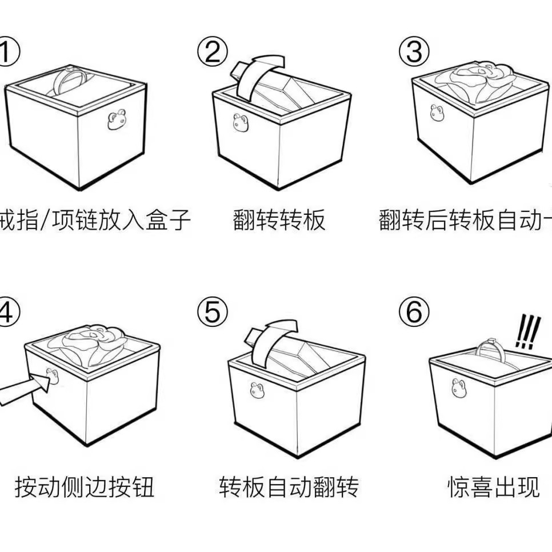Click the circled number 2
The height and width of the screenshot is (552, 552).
click(213, 52)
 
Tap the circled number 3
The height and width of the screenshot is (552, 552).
click(413, 52)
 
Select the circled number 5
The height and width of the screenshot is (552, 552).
click(212, 312)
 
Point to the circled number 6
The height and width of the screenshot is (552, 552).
click(413, 312)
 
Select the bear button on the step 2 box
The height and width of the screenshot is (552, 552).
click(240, 122)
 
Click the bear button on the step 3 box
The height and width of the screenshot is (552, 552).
click(438, 113)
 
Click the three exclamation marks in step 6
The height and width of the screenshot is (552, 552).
click(526, 333)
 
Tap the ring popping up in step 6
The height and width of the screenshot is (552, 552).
click(487, 351)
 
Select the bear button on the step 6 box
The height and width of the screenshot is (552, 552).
click(458, 388)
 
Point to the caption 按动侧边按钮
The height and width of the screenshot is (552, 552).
click(85, 487)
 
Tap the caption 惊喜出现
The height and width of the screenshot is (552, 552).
click(493, 487)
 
